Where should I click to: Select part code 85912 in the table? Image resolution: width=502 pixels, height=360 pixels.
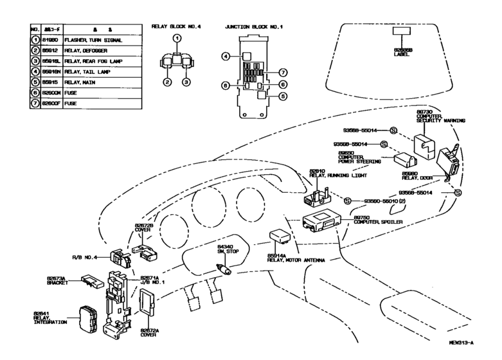point(53,51)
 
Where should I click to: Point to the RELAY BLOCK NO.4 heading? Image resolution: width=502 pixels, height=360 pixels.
point(176,28)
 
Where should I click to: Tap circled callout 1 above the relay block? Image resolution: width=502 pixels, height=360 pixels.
point(176,39)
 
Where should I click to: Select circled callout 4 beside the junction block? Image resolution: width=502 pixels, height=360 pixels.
point(226,57)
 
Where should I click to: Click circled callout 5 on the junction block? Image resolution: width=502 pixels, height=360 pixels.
point(282,97)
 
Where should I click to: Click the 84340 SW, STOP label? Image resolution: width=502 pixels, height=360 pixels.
point(227,249)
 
